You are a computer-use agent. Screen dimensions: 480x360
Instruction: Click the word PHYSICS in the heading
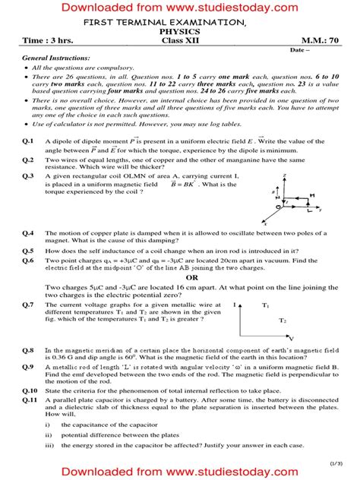pos(179,33)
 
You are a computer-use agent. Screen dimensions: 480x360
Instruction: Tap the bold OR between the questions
pos(181,278)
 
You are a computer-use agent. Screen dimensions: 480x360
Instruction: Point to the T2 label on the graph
pos(282,321)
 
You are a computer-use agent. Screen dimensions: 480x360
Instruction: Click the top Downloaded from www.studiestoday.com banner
pos(179,8)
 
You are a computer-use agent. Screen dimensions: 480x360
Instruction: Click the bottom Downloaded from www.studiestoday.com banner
pos(179,472)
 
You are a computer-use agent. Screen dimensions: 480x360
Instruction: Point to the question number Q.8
pos(27,349)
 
